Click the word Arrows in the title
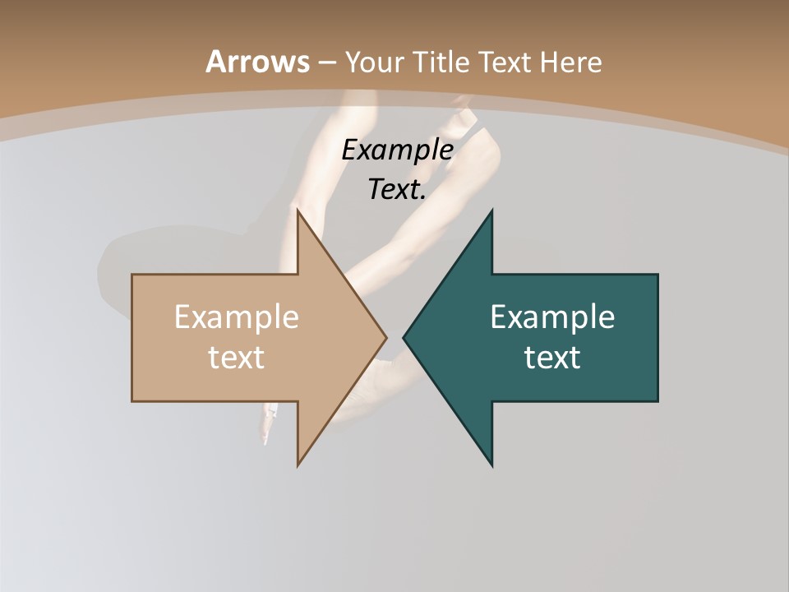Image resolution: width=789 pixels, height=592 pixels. pos(257,62)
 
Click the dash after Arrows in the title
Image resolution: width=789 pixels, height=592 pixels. pos(326,62)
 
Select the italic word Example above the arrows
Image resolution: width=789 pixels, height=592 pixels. pos(398,150)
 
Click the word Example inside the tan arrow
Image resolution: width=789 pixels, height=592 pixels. pos(237,317)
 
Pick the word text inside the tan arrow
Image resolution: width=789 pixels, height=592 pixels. pos(237,358)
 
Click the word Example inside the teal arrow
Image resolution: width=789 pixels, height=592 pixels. pos(552,317)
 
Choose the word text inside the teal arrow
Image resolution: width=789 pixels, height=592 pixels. pos(552,358)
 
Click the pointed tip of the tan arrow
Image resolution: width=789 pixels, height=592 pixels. pos(386,337)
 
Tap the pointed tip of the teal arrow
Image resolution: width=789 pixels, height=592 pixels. pos(404,337)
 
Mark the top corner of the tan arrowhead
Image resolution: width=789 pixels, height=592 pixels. pos(298,211)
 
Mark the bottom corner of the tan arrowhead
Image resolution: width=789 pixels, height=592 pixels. pos(298,465)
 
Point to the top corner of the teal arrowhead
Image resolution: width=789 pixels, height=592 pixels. pos(491,211)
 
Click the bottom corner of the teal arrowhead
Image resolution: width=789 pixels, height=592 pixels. pos(491,465)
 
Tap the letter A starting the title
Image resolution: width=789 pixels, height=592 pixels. pos(215,62)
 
